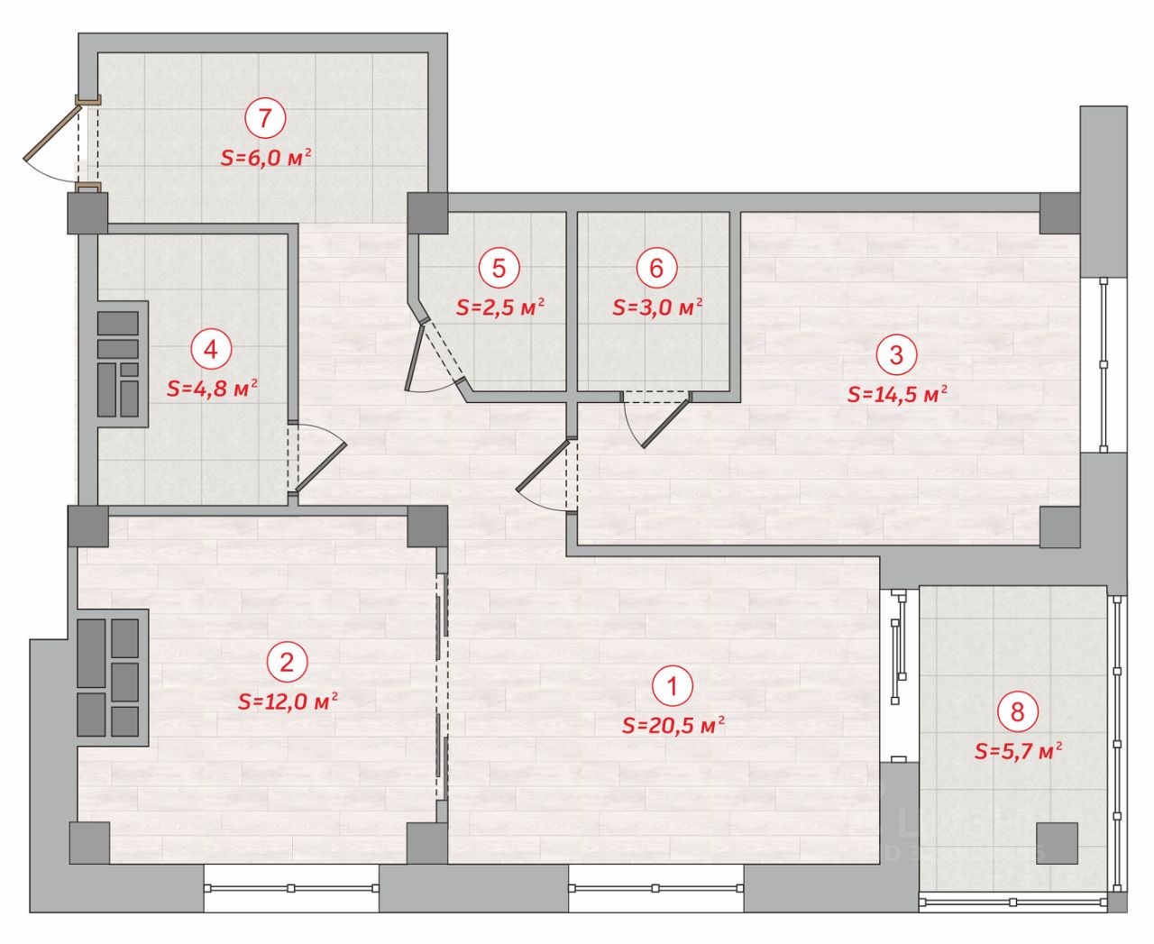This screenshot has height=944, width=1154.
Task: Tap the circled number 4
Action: [x=211, y=349]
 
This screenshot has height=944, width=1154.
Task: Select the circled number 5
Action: [x=499, y=268]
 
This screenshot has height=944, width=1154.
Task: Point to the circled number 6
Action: [x=656, y=268]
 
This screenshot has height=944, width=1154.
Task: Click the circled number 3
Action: [x=896, y=354]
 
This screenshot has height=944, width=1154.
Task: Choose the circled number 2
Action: [x=287, y=662]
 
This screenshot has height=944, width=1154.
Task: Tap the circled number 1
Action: [x=673, y=686]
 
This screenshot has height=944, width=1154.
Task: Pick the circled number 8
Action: [x=1018, y=712]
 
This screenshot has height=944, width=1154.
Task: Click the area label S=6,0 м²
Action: [x=266, y=158]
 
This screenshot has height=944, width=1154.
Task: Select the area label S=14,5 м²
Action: [x=897, y=394]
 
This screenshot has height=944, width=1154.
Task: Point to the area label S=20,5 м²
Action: [x=673, y=725]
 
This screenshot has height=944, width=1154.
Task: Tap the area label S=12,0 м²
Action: [x=288, y=701]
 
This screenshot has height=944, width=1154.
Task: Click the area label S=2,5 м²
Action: [x=499, y=307]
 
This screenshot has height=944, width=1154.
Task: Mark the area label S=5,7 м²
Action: [x=1018, y=751]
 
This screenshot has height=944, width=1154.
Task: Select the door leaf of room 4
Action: [x=321, y=466]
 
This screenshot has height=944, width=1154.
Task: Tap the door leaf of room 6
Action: [x=664, y=424]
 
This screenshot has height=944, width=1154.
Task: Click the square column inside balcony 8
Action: [x=1058, y=843]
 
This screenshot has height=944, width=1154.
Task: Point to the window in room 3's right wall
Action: [x=1104, y=365]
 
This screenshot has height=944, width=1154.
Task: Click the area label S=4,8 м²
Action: [x=212, y=389]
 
